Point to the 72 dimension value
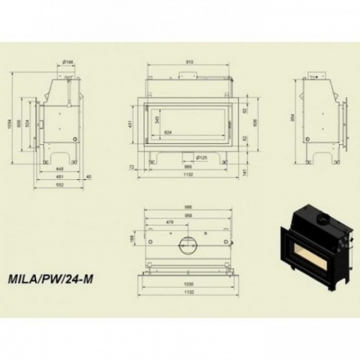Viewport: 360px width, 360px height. click(x=131, y=166)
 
